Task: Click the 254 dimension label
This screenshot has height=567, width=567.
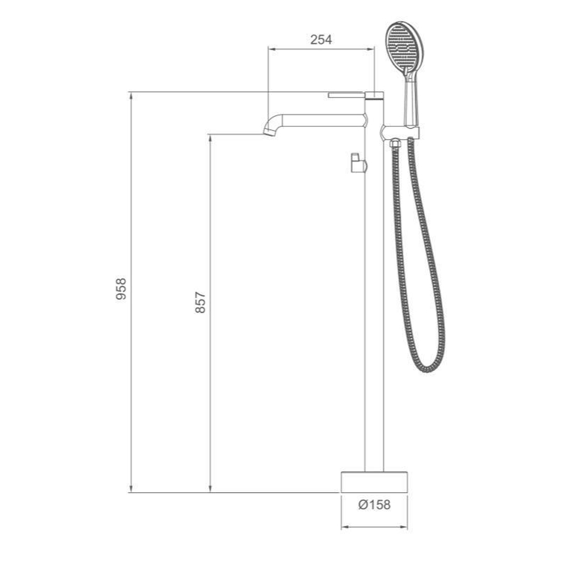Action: click(321, 40)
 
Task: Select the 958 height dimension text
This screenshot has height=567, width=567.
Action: click(121, 289)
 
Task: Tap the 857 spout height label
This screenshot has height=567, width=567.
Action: click(200, 302)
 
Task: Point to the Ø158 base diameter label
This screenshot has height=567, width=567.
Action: click(374, 505)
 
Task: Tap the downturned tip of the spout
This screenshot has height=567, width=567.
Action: click(269, 131)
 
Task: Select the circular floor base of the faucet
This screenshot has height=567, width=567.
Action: click(374, 482)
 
